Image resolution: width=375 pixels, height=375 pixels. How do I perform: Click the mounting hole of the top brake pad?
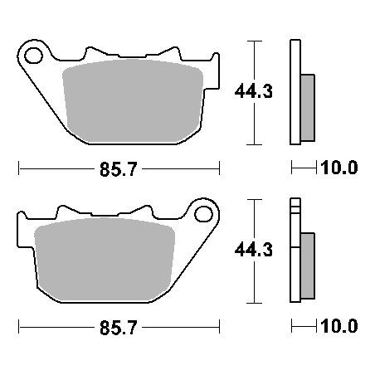point(33,56)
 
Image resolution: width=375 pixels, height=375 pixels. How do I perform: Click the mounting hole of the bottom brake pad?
point(204,214)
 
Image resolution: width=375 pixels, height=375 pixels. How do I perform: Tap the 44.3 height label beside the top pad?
point(254,91)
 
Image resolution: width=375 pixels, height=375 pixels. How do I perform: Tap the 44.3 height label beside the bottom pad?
point(254,250)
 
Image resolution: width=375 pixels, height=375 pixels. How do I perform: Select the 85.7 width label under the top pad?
point(119,169)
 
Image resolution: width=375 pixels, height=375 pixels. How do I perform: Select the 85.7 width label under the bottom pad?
point(119,328)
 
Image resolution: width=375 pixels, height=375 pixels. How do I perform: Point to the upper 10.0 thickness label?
point(339,168)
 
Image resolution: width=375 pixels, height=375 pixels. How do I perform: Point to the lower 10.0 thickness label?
point(339,326)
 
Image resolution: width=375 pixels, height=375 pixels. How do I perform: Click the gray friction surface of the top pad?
point(133,101)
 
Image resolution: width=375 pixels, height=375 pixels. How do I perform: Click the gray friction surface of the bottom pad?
point(105,260)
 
